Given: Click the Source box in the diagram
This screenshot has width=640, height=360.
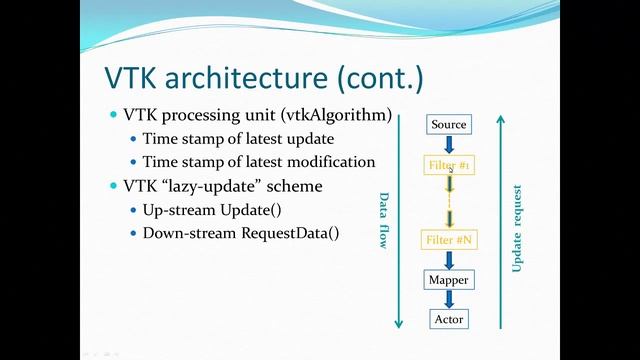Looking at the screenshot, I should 449,125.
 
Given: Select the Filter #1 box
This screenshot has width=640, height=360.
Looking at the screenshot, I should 449,163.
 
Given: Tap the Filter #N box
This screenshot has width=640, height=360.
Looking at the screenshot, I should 449,241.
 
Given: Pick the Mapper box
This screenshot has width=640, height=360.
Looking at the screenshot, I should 449,280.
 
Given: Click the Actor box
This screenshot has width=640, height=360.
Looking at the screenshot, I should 449,319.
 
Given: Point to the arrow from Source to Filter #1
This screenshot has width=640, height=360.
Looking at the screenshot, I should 449,144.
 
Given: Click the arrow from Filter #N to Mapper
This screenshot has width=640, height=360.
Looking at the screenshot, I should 449,261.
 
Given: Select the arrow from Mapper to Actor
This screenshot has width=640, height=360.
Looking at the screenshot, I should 449,300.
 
